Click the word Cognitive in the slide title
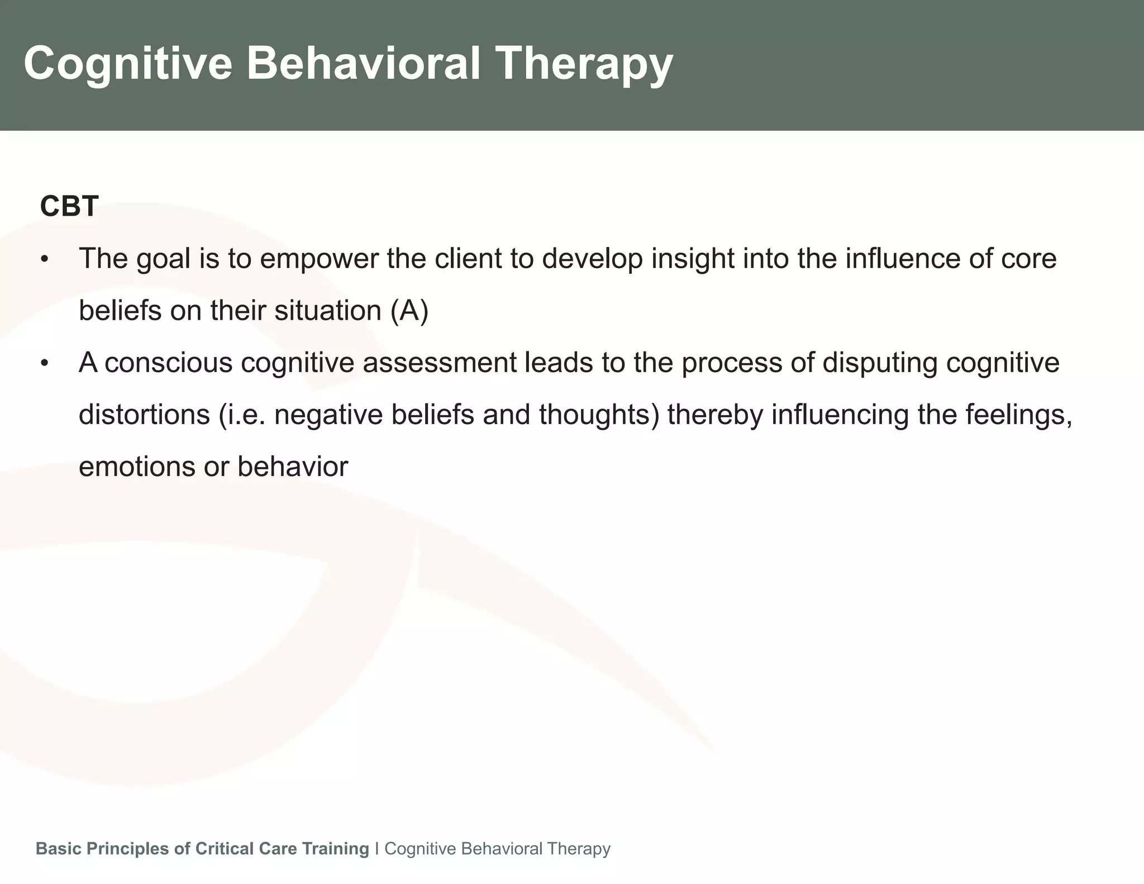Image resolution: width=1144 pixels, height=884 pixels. (x=127, y=64)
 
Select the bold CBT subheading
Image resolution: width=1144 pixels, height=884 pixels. (x=69, y=206)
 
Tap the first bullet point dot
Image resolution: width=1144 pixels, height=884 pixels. (x=45, y=260)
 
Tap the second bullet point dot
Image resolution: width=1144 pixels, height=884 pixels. (x=45, y=364)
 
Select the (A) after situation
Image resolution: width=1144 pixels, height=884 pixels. (x=409, y=311)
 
